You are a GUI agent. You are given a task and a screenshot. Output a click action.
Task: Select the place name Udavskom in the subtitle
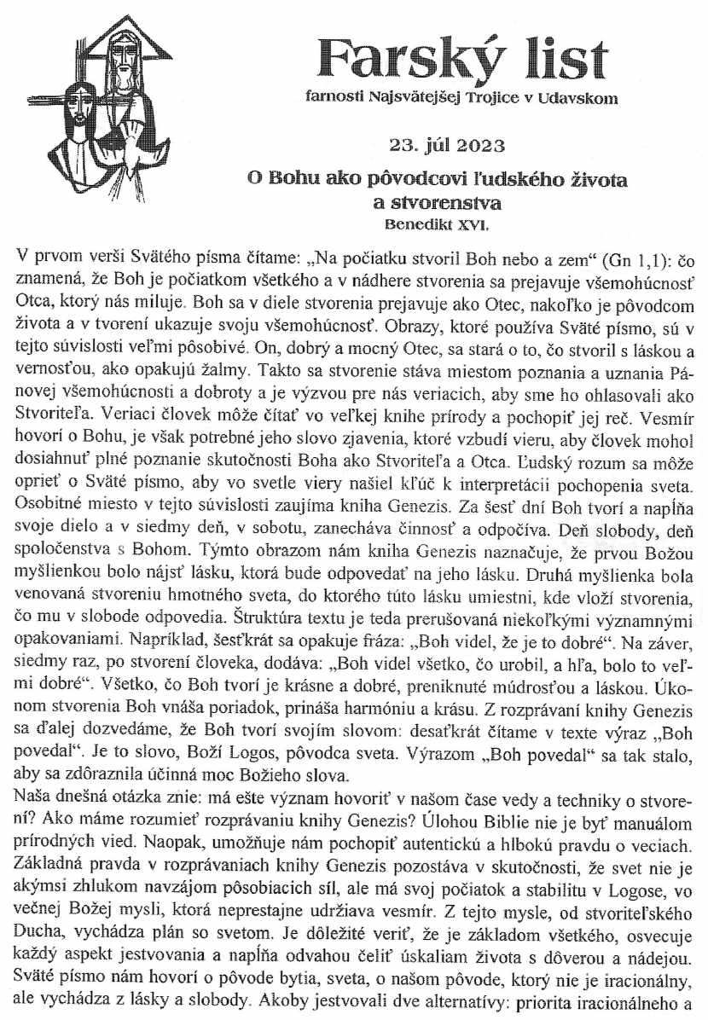click(577, 98)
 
